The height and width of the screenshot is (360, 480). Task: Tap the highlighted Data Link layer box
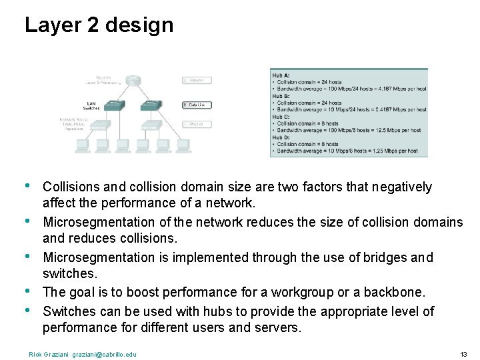pyautogui.click(x=197, y=105)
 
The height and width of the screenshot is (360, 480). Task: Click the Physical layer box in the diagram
pyautogui.click(x=197, y=124)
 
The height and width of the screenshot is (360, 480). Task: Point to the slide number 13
pyautogui.click(x=463, y=354)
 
